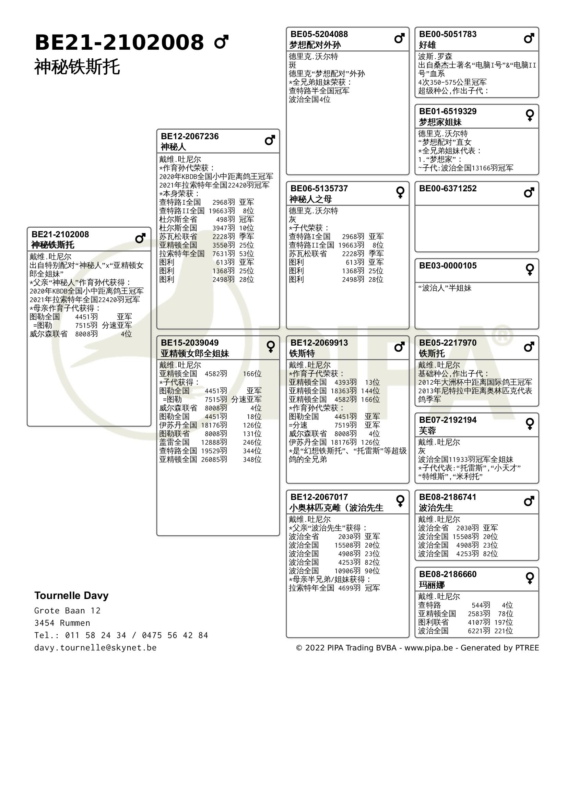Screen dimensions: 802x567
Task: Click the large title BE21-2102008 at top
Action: pos(119,43)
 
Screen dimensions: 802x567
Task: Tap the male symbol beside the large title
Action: pos(221,42)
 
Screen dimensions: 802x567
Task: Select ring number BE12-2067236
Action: pos(190,136)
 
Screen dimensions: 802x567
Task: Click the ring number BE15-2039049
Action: pos(190,343)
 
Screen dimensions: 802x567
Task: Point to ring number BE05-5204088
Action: pos(319,34)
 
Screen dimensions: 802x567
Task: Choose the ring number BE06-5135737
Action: pos(319,189)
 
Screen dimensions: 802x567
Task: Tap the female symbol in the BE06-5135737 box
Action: pos(400,192)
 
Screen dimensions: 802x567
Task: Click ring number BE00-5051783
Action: pos(448,34)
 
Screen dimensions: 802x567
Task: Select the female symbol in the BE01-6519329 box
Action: pos(530,115)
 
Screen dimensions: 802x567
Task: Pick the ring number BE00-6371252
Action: pos(448,189)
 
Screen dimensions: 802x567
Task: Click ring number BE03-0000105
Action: pos(448,266)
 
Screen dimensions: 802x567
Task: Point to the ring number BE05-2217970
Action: pos(448,343)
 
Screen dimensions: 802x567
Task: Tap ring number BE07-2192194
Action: pos(448,420)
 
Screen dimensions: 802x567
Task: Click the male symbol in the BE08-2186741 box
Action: pos(529,501)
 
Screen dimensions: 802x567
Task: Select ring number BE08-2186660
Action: pos(448,574)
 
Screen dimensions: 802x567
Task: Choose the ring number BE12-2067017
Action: pos(319,497)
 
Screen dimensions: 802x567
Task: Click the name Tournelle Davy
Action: pos(71,596)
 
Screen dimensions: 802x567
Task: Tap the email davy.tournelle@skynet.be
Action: pos(95,648)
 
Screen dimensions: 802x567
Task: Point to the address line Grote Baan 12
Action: pos(68,611)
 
